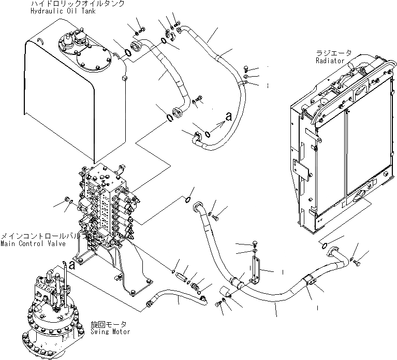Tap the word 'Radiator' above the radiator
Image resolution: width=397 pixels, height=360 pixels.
[x=330, y=61]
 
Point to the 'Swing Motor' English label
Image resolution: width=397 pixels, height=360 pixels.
[x=110, y=332]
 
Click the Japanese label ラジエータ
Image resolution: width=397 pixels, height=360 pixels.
[x=333, y=53]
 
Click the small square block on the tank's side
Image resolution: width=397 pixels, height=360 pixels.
[x=125, y=78]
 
